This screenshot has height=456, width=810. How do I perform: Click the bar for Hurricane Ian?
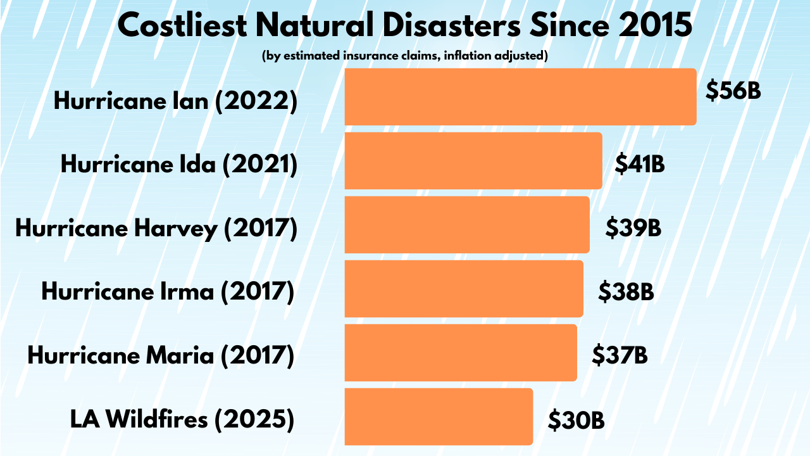point(520,97)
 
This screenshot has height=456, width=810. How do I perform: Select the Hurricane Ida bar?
point(473,161)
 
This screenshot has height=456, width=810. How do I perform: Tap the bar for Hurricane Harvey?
point(466,225)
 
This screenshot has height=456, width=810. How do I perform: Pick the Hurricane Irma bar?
point(463,289)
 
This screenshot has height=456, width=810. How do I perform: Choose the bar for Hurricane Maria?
point(460,353)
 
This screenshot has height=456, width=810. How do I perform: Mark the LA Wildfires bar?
point(439,417)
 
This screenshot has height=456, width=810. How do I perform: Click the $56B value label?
point(733,91)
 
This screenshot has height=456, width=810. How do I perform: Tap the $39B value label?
point(633,227)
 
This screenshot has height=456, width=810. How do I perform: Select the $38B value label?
point(626,291)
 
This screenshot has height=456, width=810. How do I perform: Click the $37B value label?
point(620,355)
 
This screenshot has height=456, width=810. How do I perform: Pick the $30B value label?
point(576,419)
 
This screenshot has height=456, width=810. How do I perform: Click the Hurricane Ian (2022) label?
point(175,101)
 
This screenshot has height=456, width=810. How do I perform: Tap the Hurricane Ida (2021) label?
point(178,165)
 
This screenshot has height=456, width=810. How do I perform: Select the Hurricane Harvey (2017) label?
point(156,229)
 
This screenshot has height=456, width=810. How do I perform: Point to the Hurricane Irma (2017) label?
point(168,292)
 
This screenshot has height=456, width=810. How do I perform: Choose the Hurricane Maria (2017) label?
point(161,355)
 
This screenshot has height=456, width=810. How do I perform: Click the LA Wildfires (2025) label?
point(182,419)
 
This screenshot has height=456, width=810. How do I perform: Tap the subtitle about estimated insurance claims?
point(404,56)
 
